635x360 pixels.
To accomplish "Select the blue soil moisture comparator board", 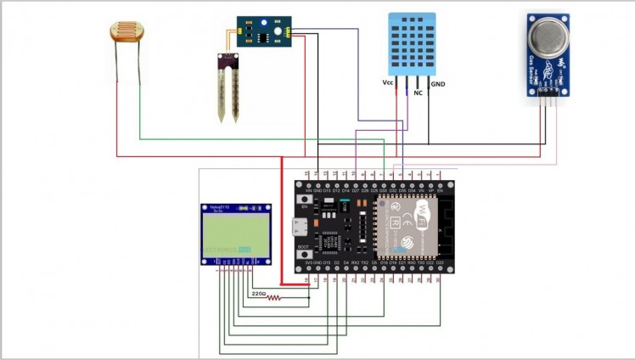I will (x=264, y=31).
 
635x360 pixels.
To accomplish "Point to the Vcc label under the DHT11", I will (x=388, y=83).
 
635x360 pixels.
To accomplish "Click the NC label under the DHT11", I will (x=418, y=93).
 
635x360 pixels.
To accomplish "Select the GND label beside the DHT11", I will (x=438, y=84).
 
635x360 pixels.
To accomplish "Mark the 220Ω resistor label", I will (x=259, y=294).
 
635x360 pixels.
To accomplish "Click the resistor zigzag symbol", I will (x=273, y=298).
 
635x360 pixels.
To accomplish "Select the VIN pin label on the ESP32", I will (x=307, y=191).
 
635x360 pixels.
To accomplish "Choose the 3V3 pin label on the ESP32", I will (x=307, y=263).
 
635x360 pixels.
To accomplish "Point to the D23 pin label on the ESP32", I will (x=440, y=263).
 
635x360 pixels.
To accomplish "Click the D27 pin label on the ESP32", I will (x=355, y=191).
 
